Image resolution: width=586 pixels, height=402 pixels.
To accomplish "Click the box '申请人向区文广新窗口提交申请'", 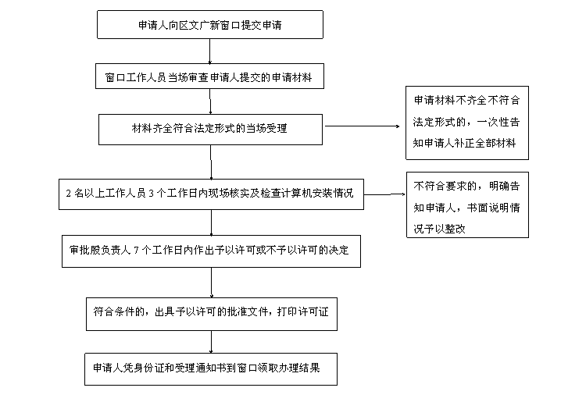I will pos(209,25).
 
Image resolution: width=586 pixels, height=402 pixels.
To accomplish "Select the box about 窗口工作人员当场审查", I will pos(209,77).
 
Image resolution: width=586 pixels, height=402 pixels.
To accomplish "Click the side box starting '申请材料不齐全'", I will pos(466,123).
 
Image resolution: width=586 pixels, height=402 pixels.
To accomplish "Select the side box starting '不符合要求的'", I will pos(466,205).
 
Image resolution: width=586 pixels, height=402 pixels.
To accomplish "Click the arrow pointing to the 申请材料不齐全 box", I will pos(364,125).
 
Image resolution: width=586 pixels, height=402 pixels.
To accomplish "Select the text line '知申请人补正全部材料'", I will pos(466,144).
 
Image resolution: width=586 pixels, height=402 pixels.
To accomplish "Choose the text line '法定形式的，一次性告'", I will pos(466,123).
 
